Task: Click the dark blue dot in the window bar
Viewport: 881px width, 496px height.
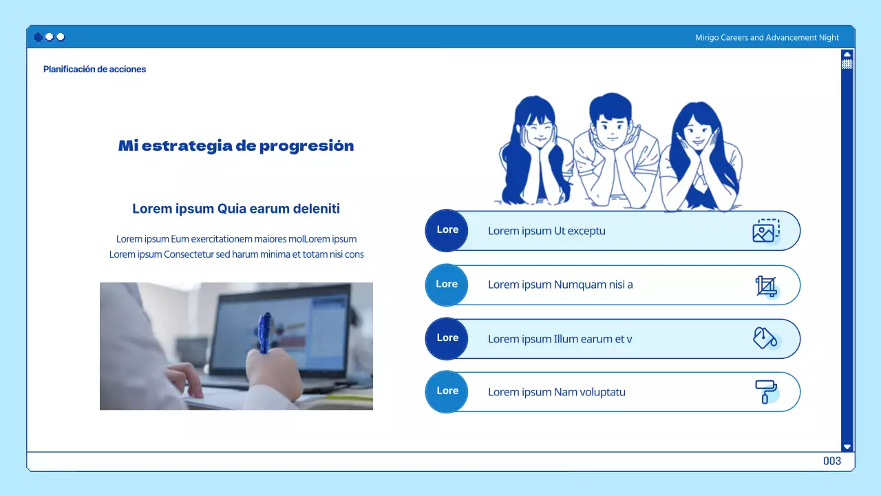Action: (x=38, y=37)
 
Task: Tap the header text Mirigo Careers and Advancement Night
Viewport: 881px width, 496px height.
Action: (x=767, y=37)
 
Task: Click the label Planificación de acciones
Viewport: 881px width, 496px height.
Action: (x=94, y=70)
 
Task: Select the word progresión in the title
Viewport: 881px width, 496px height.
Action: (x=307, y=147)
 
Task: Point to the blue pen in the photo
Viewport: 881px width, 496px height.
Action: (x=264, y=333)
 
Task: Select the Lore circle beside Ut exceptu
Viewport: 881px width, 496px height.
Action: (x=447, y=230)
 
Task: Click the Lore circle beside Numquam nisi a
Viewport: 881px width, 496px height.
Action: (x=447, y=285)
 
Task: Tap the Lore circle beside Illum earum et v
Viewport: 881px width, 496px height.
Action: (x=447, y=338)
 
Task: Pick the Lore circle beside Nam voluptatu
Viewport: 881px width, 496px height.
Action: (x=447, y=392)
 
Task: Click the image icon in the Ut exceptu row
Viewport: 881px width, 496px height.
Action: (x=766, y=231)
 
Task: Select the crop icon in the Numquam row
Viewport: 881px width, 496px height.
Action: (x=766, y=286)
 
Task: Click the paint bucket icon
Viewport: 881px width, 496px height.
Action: (x=765, y=338)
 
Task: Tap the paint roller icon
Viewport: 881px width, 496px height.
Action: (x=766, y=392)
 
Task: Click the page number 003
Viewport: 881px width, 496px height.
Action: (x=832, y=461)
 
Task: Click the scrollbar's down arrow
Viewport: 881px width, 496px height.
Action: (x=847, y=447)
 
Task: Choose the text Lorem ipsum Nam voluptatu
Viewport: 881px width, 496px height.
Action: (x=557, y=392)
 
